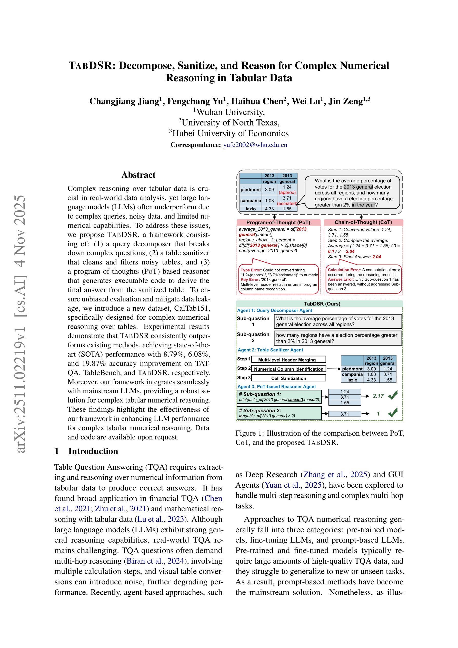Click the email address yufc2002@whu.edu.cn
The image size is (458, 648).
[x=255, y=145]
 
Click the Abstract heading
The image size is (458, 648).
[x=138, y=175]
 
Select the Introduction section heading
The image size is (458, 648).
[x=93, y=451]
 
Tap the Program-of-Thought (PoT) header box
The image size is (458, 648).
[x=278, y=222]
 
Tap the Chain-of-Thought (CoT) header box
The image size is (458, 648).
[x=363, y=222]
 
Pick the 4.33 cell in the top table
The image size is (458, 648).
[x=269, y=209]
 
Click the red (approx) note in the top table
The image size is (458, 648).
[x=287, y=192]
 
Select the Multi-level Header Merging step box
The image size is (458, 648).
[x=288, y=360]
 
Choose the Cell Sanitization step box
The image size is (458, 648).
[x=288, y=378]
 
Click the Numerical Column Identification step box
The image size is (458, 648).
[x=288, y=369]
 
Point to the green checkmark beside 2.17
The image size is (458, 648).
[x=393, y=396]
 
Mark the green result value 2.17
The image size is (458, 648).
[x=378, y=396]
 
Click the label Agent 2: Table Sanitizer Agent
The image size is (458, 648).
[x=270, y=350]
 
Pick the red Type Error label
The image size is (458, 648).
[x=251, y=270]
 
